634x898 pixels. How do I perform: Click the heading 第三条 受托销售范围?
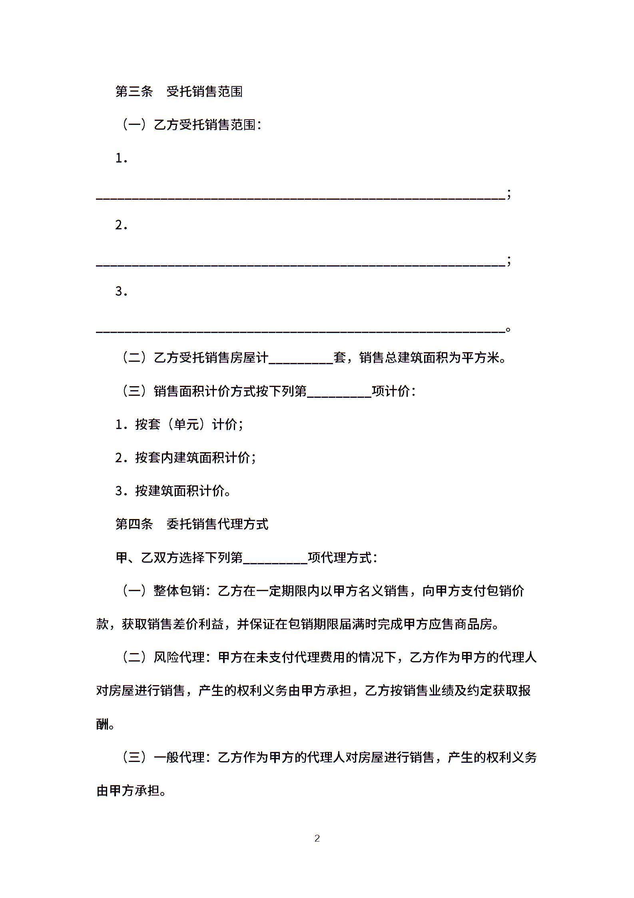(179, 92)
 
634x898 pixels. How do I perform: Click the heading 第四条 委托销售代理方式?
(191, 524)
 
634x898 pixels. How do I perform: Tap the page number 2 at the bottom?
(317, 838)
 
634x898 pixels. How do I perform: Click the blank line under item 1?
(300, 196)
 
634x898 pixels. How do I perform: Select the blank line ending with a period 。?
(300, 329)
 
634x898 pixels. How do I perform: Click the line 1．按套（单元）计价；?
(179, 424)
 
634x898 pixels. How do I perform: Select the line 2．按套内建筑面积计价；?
(185, 457)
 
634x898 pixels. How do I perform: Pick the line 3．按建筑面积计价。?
(173, 491)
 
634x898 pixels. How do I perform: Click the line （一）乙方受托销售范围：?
(191, 125)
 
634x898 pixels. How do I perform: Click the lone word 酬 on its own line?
(103, 724)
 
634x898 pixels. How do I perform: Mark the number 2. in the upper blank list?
(121, 225)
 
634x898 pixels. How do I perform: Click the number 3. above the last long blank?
(121, 292)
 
